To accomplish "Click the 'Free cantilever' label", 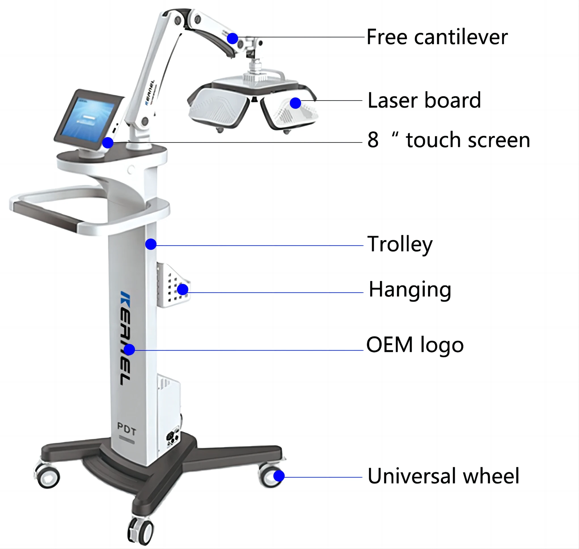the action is (437, 37).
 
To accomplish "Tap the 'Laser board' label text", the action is (424, 100).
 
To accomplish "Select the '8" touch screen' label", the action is (448, 140).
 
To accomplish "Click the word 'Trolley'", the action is (400, 244).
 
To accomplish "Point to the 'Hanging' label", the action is (410, 290).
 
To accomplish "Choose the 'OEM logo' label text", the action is (415, 345).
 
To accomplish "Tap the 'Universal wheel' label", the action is (443, 476).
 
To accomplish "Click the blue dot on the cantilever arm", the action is (233, 38).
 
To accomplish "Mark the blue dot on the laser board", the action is (295, 103).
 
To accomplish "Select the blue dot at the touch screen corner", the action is (108, 143).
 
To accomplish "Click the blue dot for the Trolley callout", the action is (151, 244).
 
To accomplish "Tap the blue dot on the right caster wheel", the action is (279, 476).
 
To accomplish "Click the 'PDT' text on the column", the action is (126, 429).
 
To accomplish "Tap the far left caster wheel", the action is (47, 477).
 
